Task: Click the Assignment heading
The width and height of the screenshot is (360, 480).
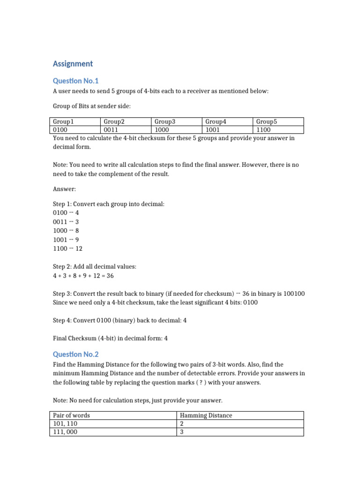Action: coord(73,64)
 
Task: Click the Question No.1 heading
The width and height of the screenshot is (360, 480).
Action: coord(76,81)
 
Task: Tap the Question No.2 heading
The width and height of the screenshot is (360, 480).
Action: coord(76,354)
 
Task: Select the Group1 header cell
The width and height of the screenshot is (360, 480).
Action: coord(64,121)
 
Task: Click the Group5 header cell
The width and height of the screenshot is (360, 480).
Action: coord(267,121)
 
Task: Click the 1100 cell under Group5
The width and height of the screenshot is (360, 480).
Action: coord(263,130)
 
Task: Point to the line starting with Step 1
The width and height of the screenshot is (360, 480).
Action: coord(109,203)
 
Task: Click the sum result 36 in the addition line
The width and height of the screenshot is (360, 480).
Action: coord(110,276)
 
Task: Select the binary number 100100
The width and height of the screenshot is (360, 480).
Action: coord(293,293)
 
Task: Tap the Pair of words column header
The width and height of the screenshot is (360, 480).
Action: coord(71,415)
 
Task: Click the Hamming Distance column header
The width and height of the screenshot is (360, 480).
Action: coord(206,415)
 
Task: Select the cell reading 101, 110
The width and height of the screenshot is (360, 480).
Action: coord(65,424)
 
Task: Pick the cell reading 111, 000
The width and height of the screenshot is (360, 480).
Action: coord(65,432)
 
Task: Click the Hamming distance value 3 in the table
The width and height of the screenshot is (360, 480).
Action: coord(182,432)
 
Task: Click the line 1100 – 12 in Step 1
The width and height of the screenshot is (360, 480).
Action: coord(67,248)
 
